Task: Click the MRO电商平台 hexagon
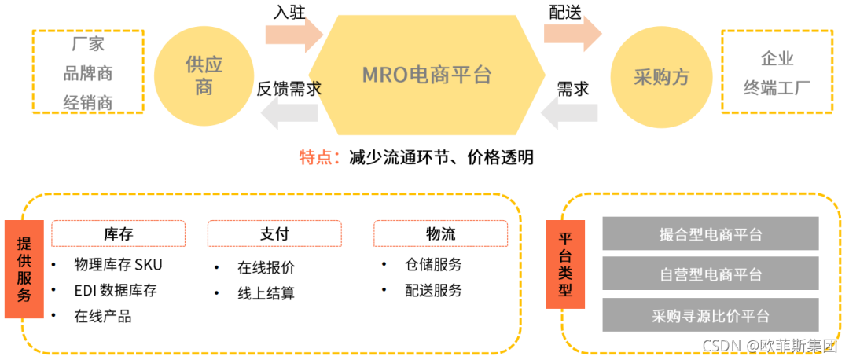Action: (427, 75)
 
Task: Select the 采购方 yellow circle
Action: (661, 76)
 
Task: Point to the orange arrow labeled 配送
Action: (572, 34)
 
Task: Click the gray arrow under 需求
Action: (570, 114)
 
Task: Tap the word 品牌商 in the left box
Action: (88, 73)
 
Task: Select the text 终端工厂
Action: (777, 86)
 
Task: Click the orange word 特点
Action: (318, 157)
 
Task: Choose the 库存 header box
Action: (119, 233)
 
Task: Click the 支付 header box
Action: (274, 233)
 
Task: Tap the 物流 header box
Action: (440, 233)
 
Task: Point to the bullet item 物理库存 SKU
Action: (118, 264)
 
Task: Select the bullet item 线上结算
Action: (266, 293)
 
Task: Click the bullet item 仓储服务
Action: (433, 264)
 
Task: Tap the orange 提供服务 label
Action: (24, 269)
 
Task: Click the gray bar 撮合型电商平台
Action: (710, 234)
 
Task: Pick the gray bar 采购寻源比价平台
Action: (710, 316)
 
